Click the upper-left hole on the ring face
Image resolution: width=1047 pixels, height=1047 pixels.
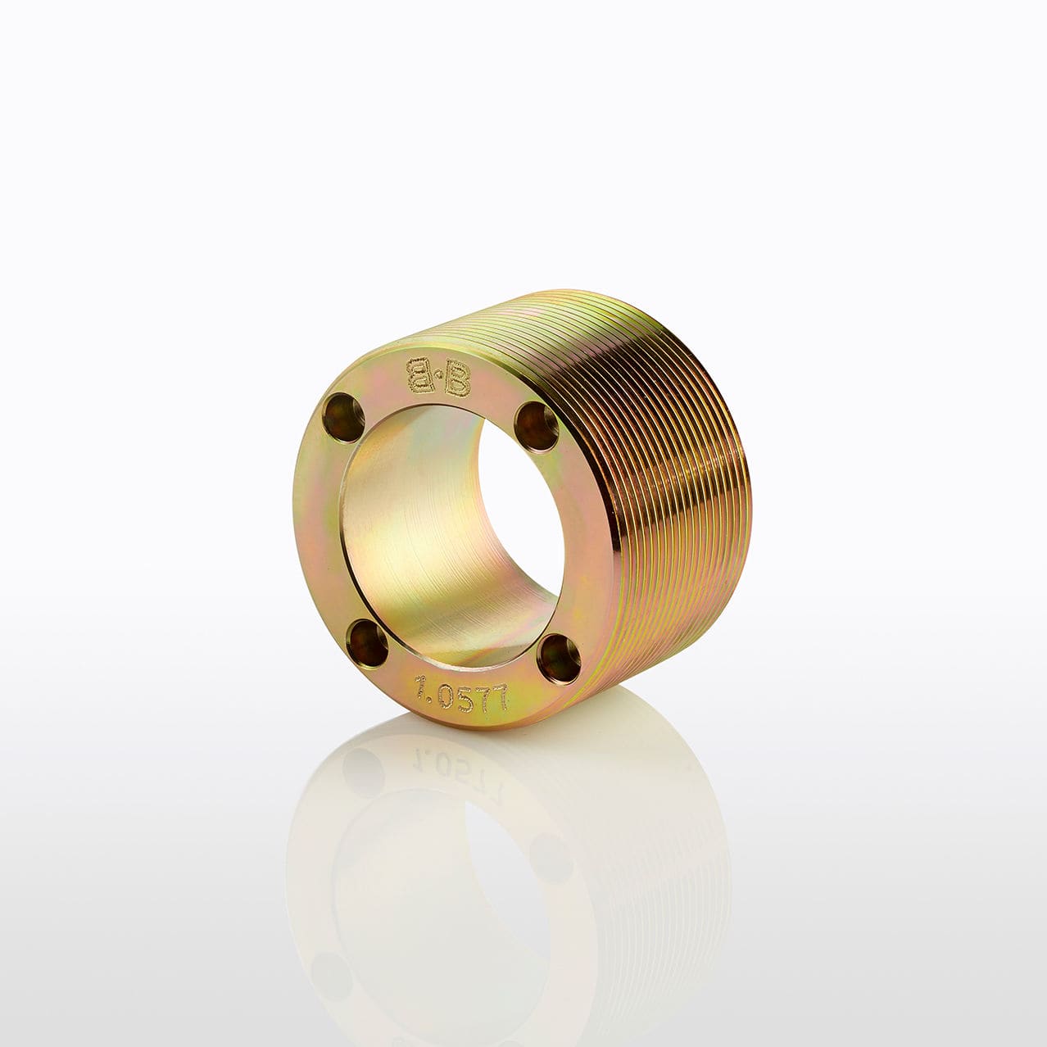pos(342,414)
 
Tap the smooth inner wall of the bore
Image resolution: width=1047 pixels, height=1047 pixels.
pos(410,533)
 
